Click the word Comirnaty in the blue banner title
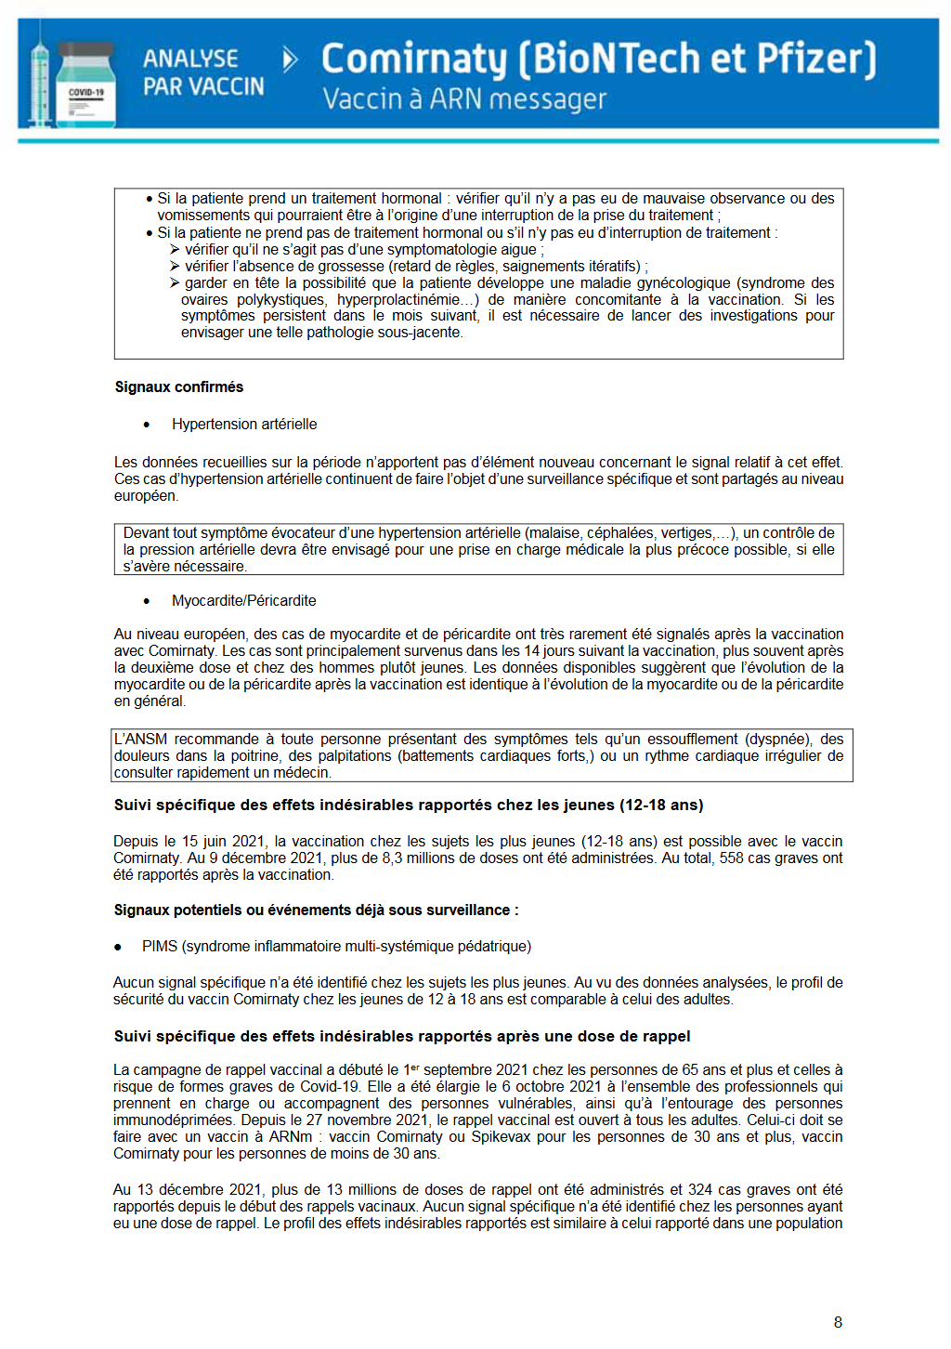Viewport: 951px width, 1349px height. click(x=414, y=59)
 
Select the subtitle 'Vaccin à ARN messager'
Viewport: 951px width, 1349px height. click(x=464, y=98)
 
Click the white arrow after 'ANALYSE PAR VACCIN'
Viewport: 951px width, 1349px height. click(x=290, y=60)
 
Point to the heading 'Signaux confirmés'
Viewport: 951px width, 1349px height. click(x=178, y=386)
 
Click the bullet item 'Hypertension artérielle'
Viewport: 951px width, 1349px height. click(x=244, y=424)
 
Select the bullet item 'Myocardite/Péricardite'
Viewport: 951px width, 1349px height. click(x=243, y=600)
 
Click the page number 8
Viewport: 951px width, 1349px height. click(x=838, y=1322)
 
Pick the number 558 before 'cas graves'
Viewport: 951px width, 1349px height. click(x=732, y=858)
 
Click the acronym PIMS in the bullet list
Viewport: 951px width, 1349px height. click(x=160, y=946)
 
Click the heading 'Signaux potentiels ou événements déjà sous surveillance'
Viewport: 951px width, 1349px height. click(x=316, y=910)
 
